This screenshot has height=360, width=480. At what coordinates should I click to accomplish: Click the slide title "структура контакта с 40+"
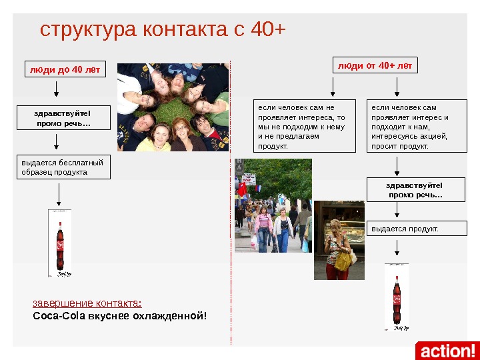[163, 30]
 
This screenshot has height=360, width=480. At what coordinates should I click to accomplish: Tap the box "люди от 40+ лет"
[375, 65]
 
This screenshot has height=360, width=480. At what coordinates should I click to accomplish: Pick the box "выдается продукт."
[417, 229]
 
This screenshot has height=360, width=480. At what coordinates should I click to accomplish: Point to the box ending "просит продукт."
[417, 127]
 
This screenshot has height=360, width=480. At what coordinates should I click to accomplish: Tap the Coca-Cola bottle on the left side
[60, 243]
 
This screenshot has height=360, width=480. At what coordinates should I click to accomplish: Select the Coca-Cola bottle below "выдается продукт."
[397, 297]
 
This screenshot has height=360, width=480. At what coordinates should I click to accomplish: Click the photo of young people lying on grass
[173, 107]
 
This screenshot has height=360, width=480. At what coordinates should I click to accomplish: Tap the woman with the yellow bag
[339, 247]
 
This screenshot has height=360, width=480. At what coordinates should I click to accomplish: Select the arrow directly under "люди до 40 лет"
[56, 89]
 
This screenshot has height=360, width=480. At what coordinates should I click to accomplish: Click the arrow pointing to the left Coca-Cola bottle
[60, 193]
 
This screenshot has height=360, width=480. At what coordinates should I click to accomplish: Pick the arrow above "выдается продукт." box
[397, 211]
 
